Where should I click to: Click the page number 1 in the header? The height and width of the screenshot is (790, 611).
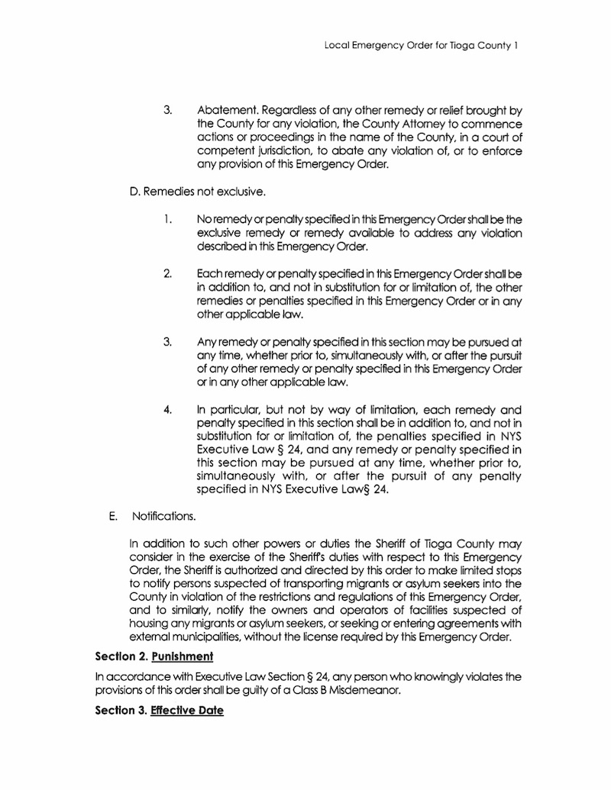point(517,46)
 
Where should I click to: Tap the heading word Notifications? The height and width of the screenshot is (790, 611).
point(163,517)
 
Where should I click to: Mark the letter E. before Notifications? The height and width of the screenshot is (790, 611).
point(112,517)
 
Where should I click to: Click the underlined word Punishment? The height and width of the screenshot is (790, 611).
point(181,656)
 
